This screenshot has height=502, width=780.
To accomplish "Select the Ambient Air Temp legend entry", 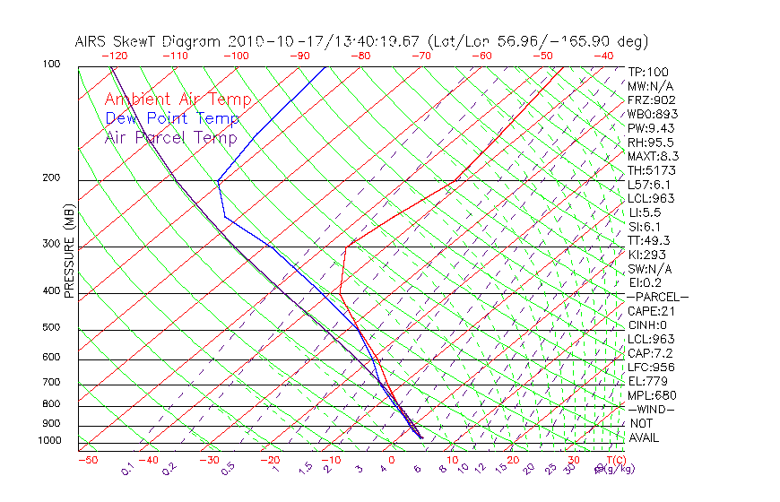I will (178, 100).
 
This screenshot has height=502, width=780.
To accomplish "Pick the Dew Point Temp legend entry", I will (172, 118).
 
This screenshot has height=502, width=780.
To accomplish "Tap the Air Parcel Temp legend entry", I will (170, 137).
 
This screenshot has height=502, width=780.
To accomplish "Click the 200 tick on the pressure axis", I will (51, 177).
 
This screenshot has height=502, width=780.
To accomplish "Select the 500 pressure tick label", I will (51, 327).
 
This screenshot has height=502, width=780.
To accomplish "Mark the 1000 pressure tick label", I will (48, 440).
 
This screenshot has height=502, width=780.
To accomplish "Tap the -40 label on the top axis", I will (603, 56).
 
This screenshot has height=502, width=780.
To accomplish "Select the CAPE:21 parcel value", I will (652, 311).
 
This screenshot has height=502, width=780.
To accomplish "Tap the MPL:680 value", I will (652, 395).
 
